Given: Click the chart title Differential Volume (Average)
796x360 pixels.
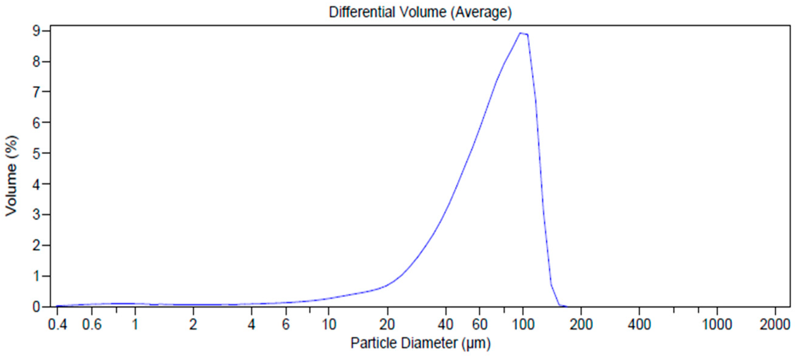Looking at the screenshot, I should coord(420,12).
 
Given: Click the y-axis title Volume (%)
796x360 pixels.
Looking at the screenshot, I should coord(12,176).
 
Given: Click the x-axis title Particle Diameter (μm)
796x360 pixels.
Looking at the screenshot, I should coord(420,343).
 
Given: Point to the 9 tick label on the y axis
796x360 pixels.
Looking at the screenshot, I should coord(37,31).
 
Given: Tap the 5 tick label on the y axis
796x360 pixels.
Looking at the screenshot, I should coord(37,153).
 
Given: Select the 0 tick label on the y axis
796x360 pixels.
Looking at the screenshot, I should coord(37,307).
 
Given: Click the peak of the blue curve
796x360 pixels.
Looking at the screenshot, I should coord(521,33).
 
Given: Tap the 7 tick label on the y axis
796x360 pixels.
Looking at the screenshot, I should coord(37,92).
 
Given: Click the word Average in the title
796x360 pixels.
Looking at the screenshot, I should coord(481,12).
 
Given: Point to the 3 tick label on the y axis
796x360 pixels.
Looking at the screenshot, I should coord(37,214).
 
